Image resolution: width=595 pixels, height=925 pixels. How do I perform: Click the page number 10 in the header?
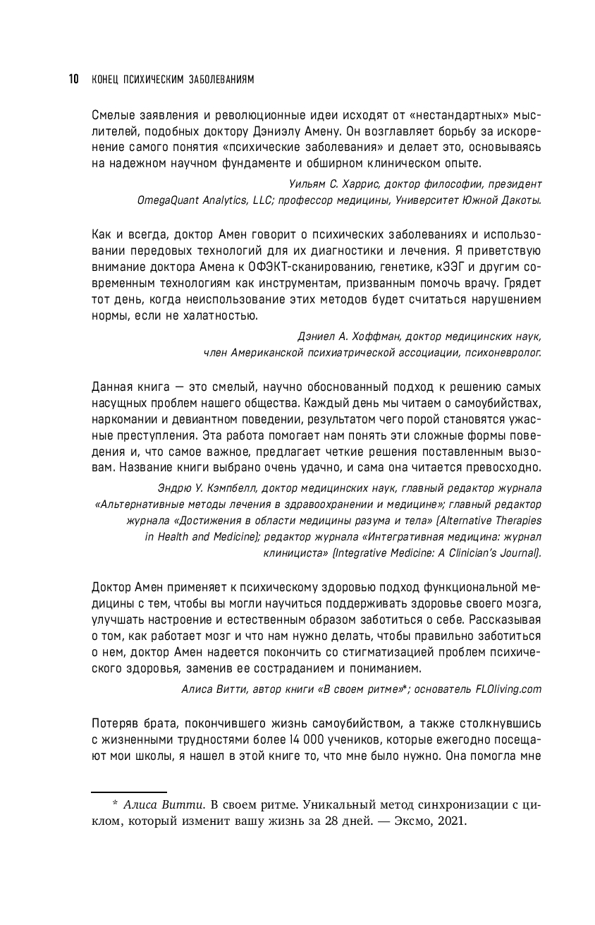point(73,79)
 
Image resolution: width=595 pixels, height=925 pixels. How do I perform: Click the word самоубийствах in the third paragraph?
point(503,402)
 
